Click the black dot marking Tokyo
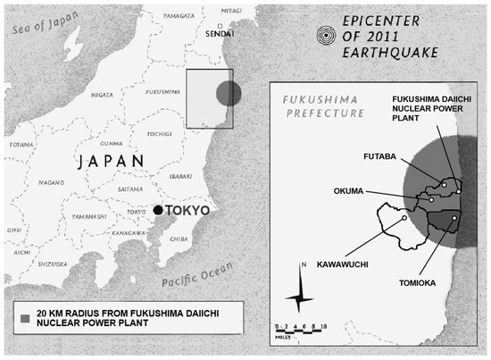158,210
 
